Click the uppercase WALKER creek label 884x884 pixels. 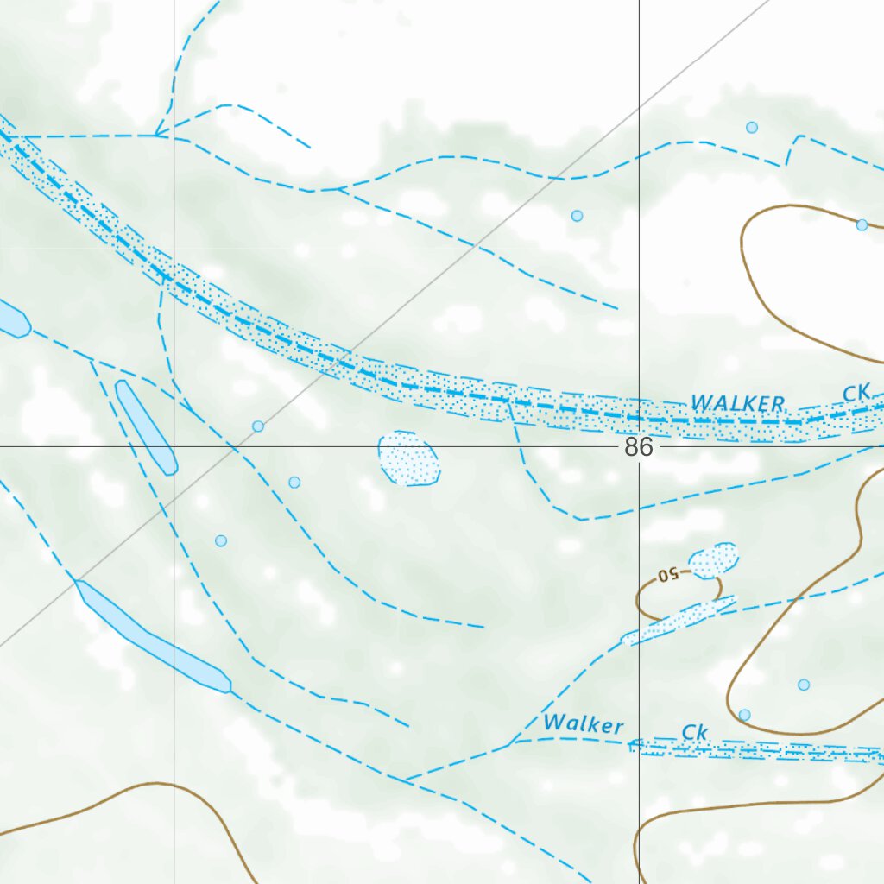point(738,403)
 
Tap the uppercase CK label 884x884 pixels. point(856,393)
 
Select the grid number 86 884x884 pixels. point(638,447)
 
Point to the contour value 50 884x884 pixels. point(668,574)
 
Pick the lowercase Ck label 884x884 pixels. point(694,733)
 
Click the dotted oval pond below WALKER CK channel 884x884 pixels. point(409,458)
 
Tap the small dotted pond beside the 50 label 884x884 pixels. point(714,560)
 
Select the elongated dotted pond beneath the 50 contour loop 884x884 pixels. point(679,621)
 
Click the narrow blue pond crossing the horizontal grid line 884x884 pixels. point(146,426)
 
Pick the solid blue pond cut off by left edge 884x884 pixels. point(12,319)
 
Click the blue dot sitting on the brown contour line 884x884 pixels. point(862,225)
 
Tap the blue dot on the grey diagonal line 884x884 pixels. point(257,426)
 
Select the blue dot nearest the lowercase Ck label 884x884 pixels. point(744,715)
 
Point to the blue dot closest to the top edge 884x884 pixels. point(752,128)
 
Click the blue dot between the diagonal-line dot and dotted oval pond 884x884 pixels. point(294,482)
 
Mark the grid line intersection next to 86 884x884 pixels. point(639,446)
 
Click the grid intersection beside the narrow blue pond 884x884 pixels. point(174,446)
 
